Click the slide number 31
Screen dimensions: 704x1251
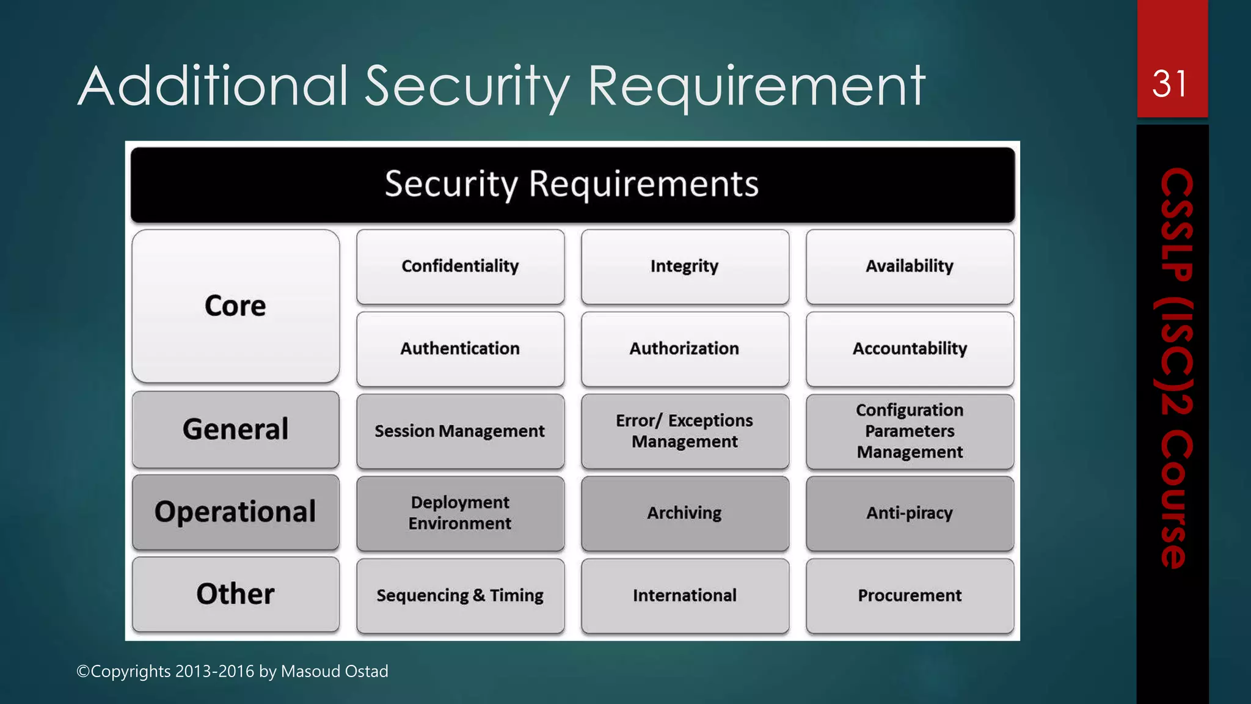point(1170,84)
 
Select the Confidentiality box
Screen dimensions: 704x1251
point(460,266)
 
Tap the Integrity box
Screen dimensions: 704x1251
point(685,266)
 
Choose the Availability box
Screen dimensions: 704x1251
point(910,266)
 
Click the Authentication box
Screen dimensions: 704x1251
point(460,349)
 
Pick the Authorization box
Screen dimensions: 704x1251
point(685,349)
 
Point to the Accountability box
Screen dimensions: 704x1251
point(910,349)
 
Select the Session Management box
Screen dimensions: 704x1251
point(460,431)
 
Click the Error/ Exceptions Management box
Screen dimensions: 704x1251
point(685,431)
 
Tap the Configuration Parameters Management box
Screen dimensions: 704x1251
point(910,431)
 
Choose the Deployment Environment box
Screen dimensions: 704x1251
point(460,513)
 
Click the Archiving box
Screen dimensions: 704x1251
point(685,513)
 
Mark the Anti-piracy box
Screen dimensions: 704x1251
point(910,513)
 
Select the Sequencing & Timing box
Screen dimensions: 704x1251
point(460,596)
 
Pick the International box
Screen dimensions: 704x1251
point(685,596)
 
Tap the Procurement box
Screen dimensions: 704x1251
point(910,596)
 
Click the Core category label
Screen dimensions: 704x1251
point(236,306)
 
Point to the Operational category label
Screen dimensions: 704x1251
point(236,512)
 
